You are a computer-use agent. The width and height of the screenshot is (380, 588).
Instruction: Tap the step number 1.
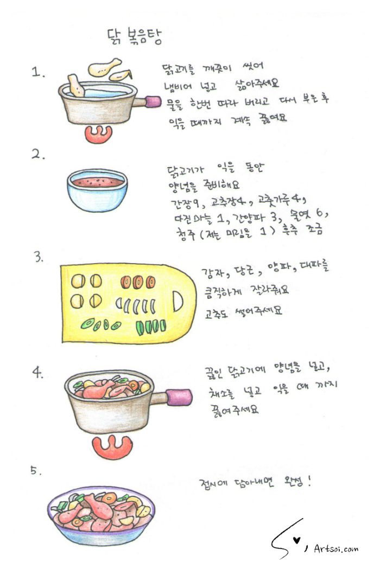[x=39, y=73]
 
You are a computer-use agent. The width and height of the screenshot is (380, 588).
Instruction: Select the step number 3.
[x=39, y=257]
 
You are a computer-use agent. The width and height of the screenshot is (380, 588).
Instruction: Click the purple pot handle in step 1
[x=154, y=101]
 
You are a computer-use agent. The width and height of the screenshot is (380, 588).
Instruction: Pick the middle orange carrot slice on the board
[x=137, y=282]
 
